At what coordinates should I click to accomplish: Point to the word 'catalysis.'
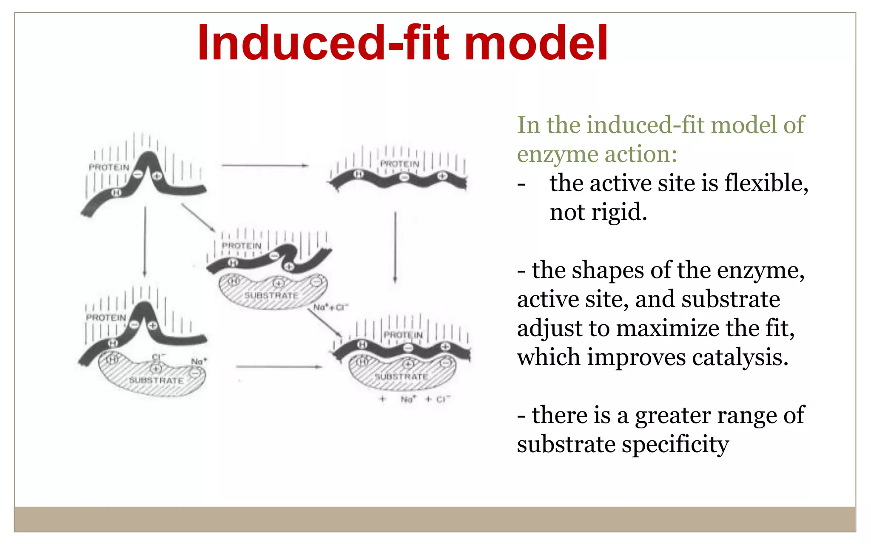740,357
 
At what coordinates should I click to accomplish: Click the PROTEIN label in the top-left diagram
109,167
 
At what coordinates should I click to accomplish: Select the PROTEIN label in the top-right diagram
399,164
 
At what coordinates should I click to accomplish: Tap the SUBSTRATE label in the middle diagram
271,295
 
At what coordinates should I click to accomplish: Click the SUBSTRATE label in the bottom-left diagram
156,380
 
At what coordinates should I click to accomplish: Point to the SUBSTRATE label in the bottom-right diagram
401,377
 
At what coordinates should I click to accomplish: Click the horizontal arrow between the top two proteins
265,165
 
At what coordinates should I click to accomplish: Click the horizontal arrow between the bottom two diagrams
279,366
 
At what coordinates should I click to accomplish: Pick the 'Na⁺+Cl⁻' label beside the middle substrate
331,307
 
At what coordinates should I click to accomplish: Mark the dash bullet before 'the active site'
521,184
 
